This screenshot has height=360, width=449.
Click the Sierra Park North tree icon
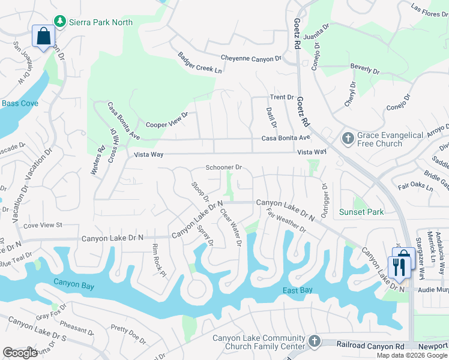pos(59,22)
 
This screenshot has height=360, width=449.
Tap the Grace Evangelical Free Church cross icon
pos(347,139)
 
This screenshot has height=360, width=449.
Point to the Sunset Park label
pos(361,212)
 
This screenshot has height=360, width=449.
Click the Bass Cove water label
pos(20,103)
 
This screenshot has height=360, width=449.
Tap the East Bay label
pos(298,291)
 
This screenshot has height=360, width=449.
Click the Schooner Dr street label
pos(223,167)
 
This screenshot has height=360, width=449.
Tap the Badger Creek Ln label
pos(199,62)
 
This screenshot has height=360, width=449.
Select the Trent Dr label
pos(282,97)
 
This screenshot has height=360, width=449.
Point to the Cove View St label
pos(42,225)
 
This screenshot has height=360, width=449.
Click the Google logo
pos(20,353)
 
